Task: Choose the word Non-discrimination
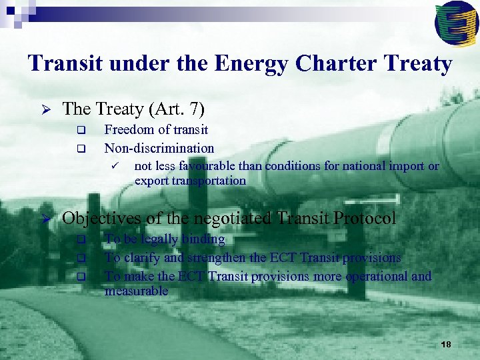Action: point(159,148)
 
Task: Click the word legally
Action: point(161,239)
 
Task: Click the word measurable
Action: point(136,291)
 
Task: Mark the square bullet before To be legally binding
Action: point(81,239)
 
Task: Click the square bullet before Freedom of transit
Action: point(81,130)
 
